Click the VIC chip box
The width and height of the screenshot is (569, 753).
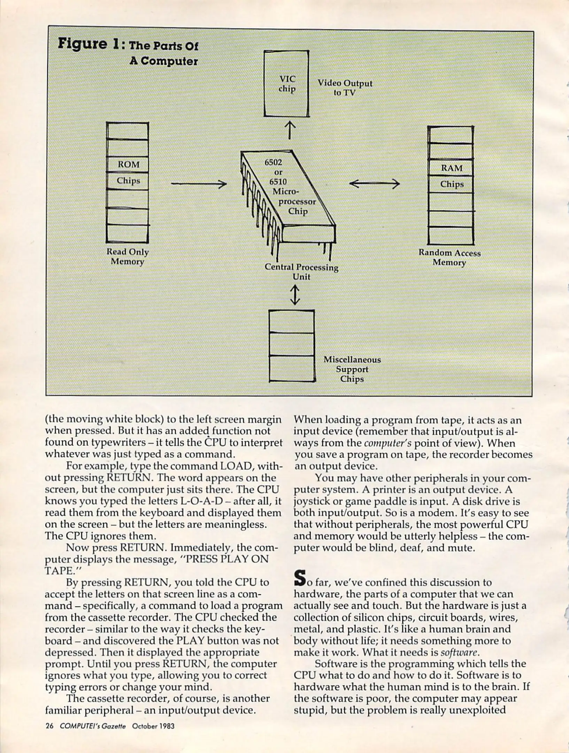point(286,84)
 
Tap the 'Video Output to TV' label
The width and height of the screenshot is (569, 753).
point(344,88)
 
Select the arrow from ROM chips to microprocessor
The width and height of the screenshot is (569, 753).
point(199,184)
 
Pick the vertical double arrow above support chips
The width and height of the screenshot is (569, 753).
point(295,295)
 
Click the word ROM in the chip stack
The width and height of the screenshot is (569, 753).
point(128,164)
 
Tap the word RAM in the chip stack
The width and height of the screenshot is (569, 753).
point(452,168)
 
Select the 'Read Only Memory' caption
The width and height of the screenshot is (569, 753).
point(128,257)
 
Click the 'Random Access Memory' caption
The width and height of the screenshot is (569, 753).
point(449,258)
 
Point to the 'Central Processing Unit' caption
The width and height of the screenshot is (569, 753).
point(301,272)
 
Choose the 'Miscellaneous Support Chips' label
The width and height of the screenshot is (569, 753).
point(352,369)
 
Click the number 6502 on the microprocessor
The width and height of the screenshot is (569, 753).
point(273,162)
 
